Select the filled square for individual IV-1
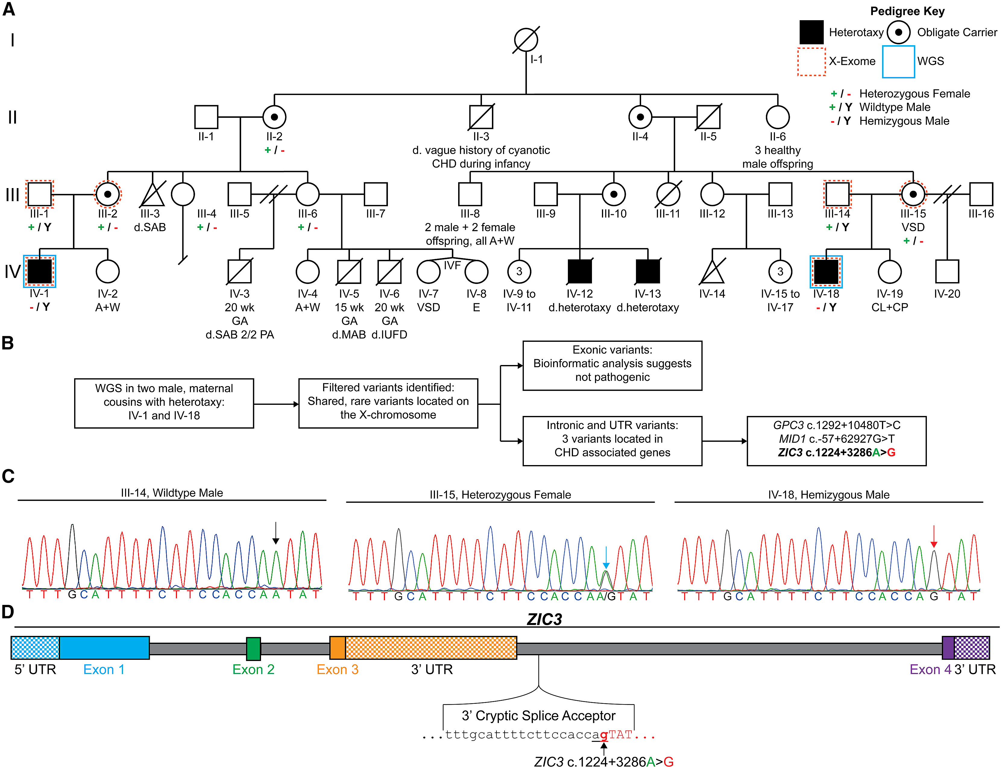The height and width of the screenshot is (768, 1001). pyautogui.click(x=40, y=272)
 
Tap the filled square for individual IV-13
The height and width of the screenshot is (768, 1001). pyautogui.click(x=648, y=272)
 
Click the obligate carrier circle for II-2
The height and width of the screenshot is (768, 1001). pyautogui.click(x=274, y=117)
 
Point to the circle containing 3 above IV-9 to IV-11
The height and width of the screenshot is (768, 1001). pyautogui.click(x=519, y=272)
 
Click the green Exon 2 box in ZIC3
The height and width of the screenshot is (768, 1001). pyautogui.click(x=253, y=648)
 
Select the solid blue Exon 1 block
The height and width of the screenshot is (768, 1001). pyautogui.click(x=104, y=648)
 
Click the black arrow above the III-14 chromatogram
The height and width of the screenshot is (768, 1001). pyautogui.click(x=275, y=533)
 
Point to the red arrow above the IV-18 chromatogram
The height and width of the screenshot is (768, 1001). pyautogui.click(x=934, y=536)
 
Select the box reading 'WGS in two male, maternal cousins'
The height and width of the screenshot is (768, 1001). pyautogui.click(x=164, y=403)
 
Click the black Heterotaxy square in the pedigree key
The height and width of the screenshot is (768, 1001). pyautogui.click(x=811, y=32)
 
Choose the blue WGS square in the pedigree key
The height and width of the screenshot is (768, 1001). pyautogui.click(x=898, y=61)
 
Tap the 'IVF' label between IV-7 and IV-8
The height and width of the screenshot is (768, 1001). pyautogui.click(x=452, y=265)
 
